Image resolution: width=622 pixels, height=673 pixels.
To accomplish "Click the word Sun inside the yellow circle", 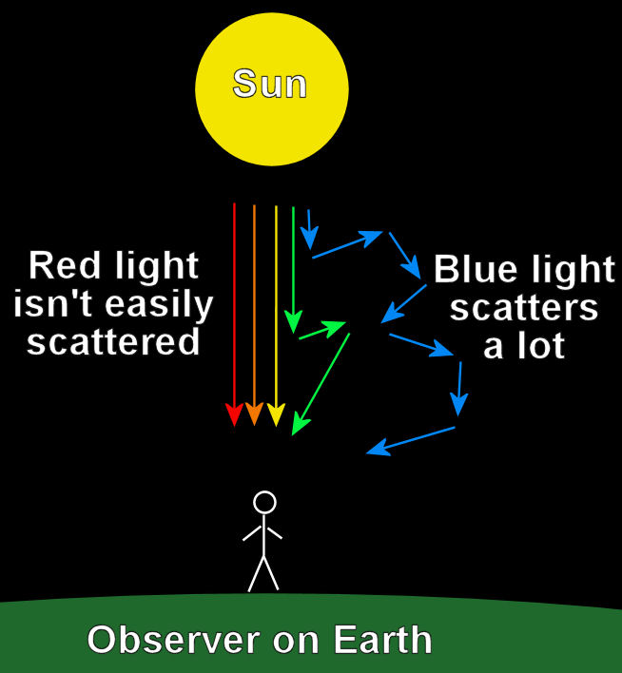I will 270,85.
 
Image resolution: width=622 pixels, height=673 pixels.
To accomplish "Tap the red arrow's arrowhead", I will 233,415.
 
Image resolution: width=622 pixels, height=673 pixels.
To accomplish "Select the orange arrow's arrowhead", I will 254,415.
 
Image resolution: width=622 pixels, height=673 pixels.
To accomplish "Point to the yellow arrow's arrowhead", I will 276,415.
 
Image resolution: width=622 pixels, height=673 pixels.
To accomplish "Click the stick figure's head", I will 264,502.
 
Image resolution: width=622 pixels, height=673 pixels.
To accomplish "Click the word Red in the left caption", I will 64,266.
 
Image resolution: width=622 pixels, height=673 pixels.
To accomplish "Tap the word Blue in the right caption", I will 476,271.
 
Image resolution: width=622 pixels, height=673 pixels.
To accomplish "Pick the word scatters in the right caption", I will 524,308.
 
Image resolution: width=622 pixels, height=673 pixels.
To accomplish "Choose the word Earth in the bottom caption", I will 379,641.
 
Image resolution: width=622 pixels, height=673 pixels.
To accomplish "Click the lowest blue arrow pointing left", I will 411,440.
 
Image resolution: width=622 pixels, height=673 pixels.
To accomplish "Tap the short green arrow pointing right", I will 321,331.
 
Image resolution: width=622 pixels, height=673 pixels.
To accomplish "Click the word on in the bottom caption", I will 298,641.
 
